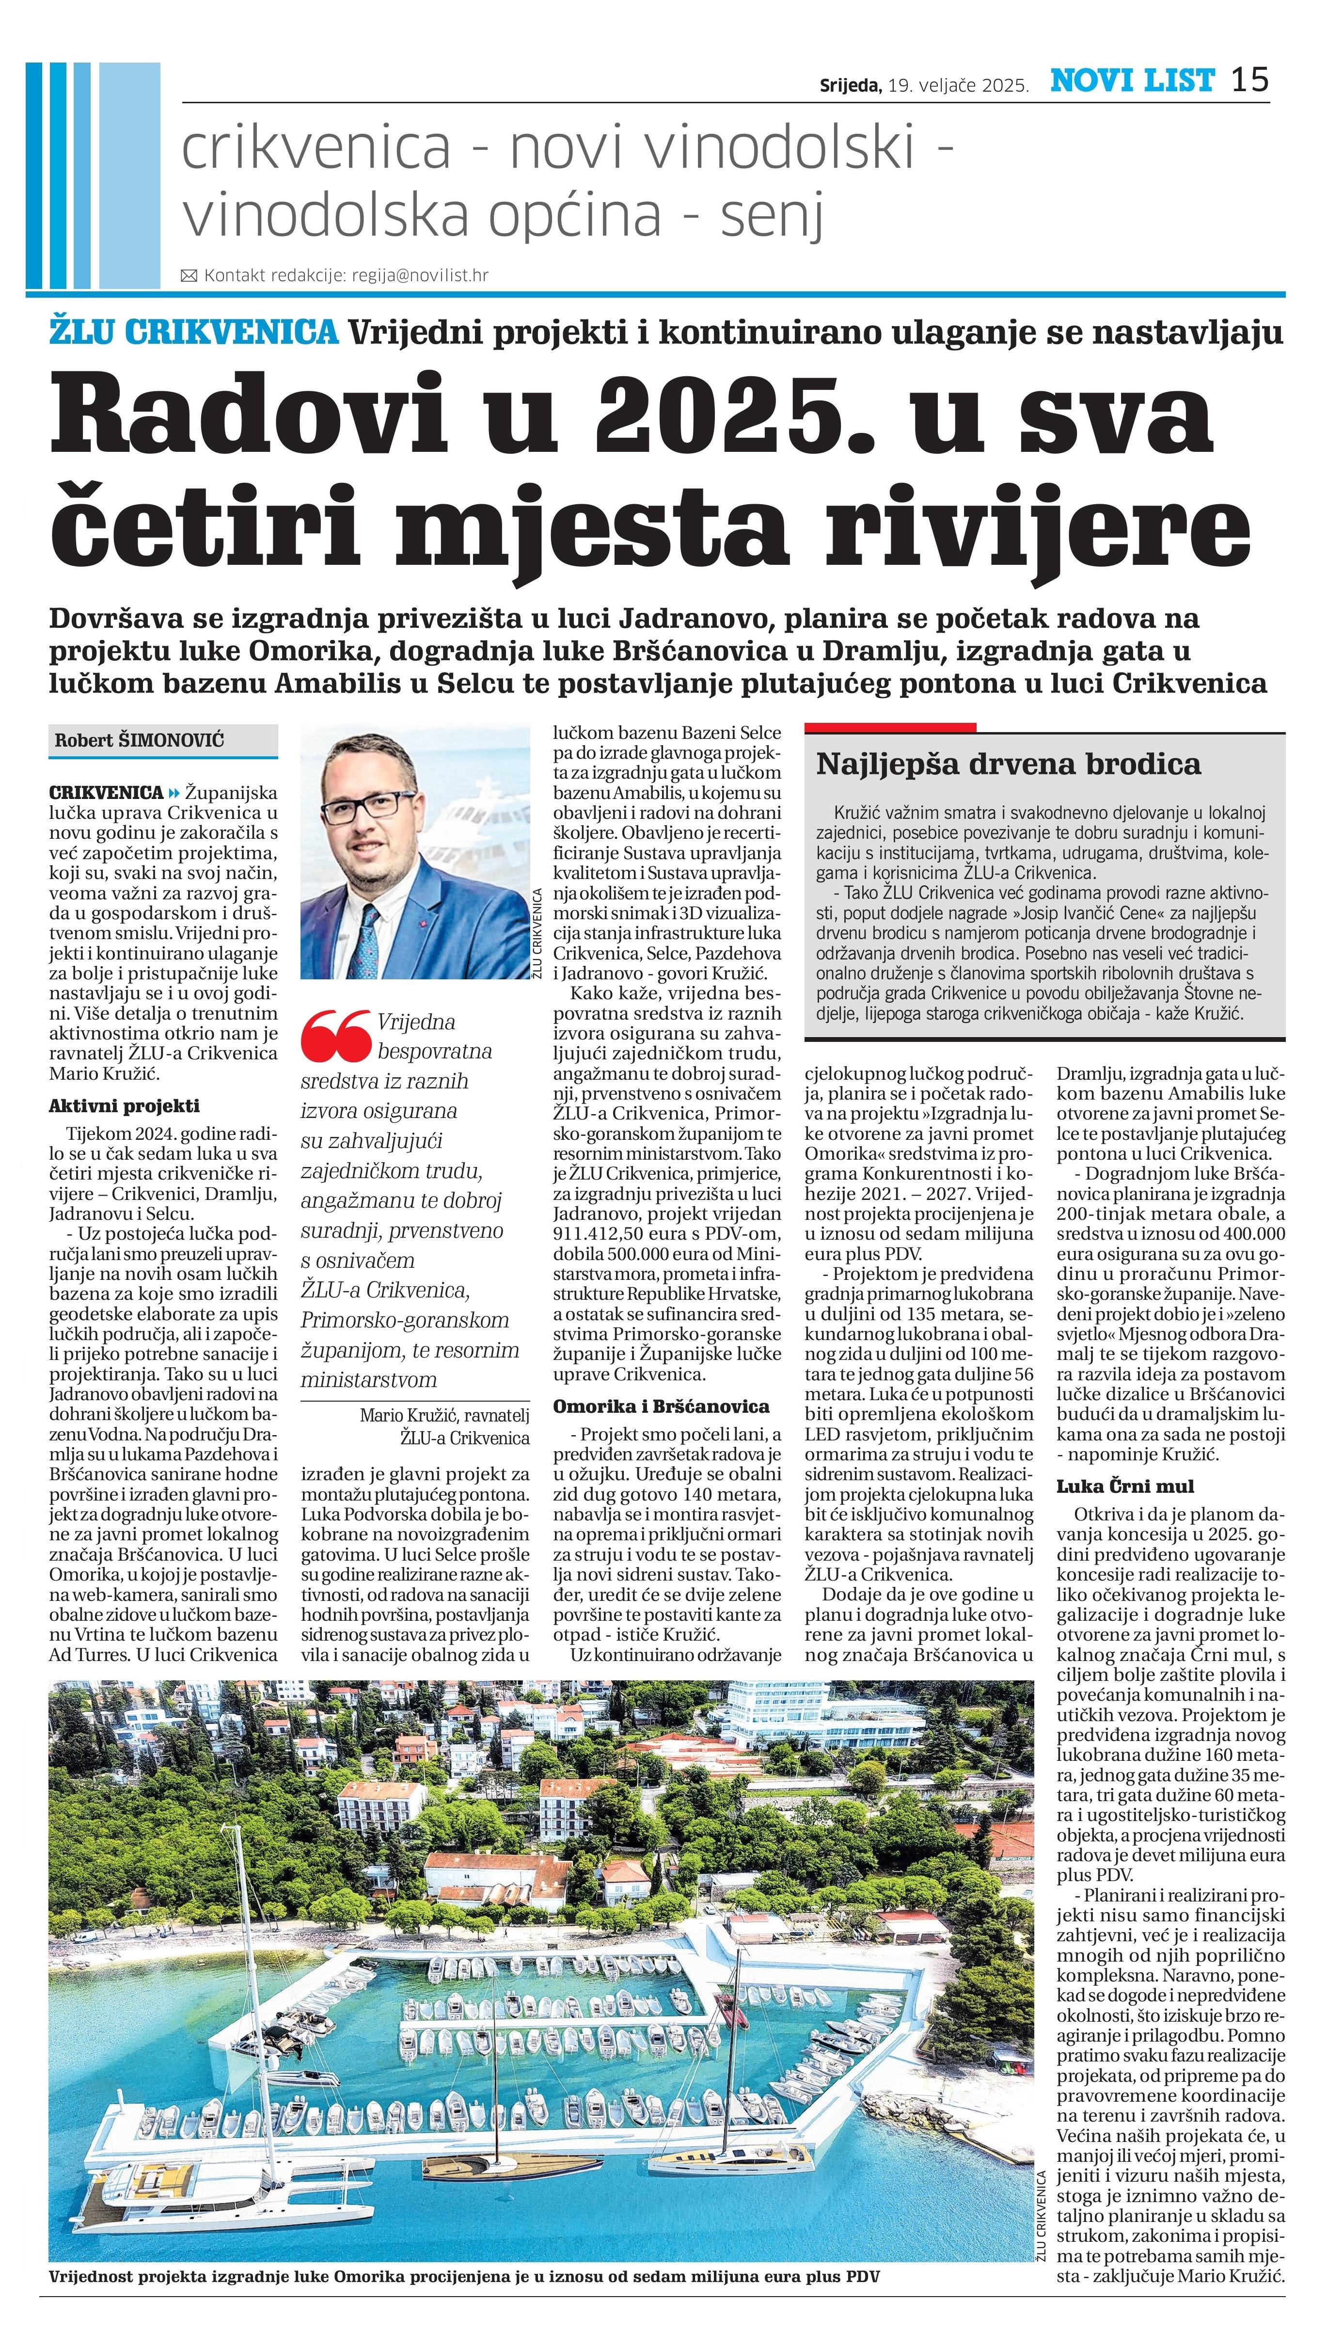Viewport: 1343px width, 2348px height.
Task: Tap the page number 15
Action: [1250, 80]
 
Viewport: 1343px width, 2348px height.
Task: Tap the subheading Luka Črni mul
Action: [1125, 1486]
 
